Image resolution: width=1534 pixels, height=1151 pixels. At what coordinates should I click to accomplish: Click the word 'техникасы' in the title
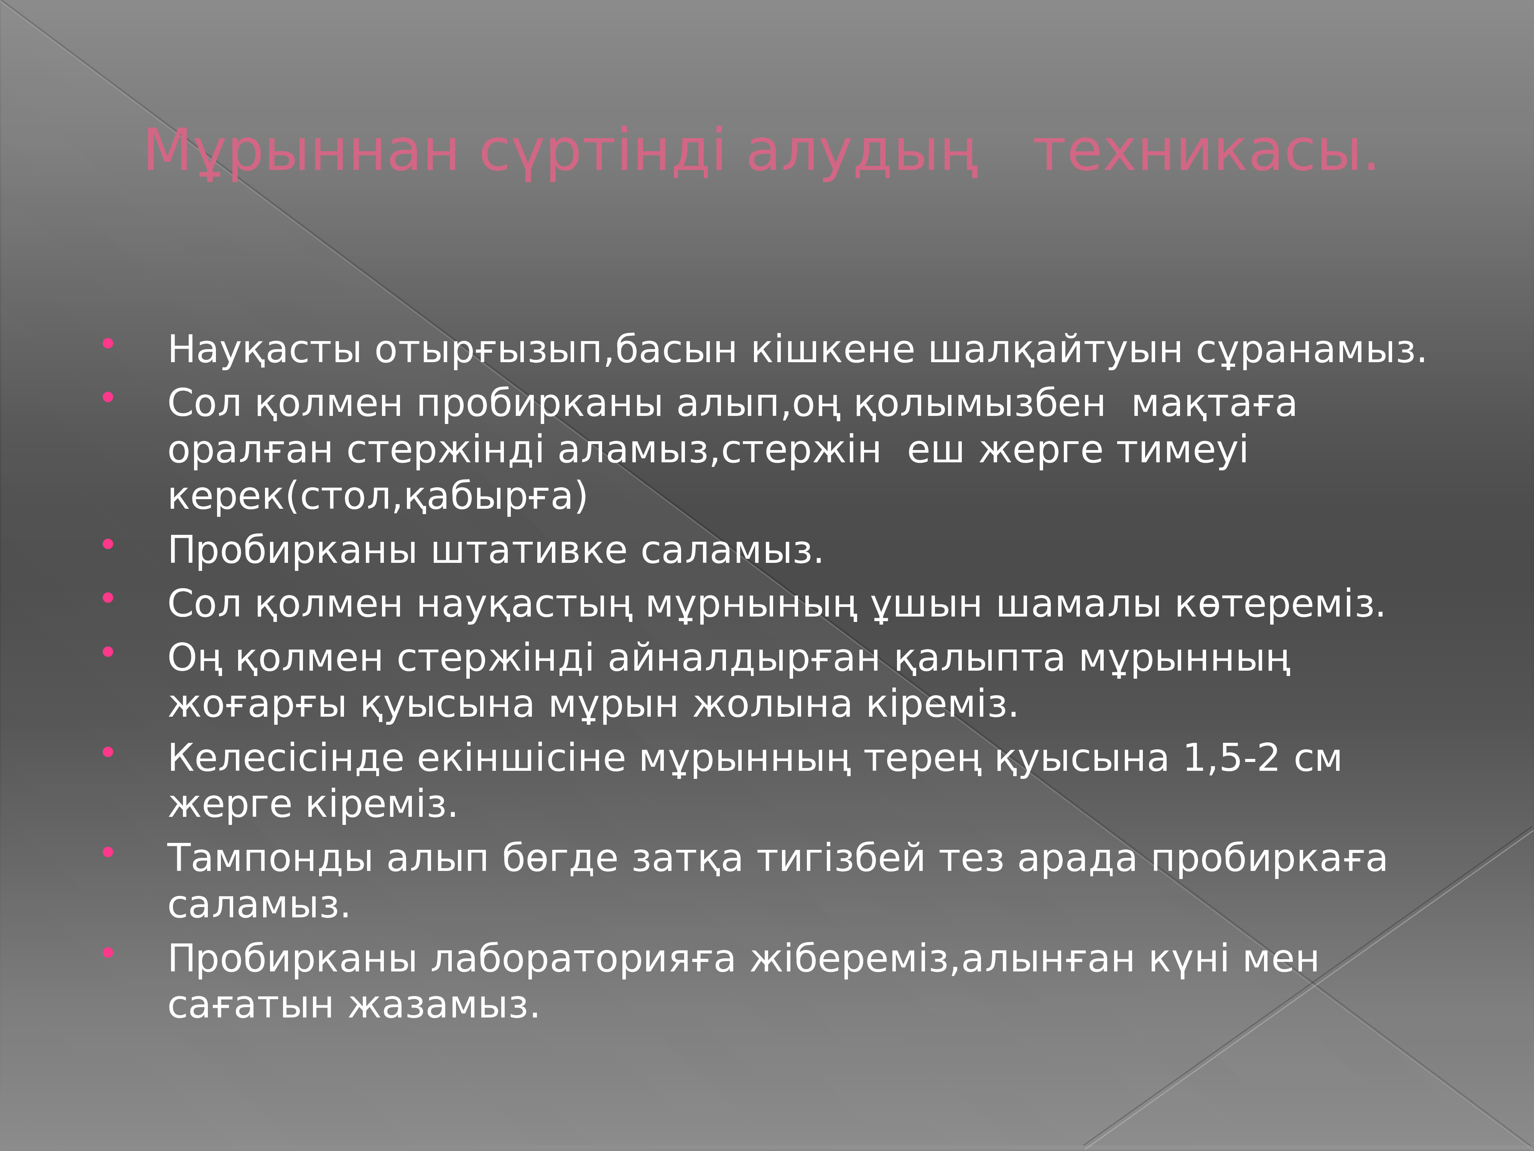[1205, 151]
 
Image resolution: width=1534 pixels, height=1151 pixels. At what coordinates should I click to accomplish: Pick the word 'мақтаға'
[1214, 403]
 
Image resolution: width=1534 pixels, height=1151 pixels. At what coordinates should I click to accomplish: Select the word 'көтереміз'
[1279, 604]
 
